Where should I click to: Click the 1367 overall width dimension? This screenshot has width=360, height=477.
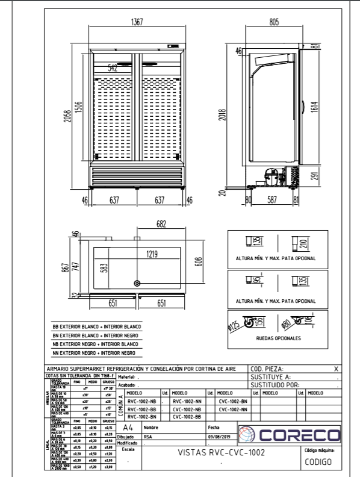(138, 23)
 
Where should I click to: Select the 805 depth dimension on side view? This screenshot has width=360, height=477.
(274, 23)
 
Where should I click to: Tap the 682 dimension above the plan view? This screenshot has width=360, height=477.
(161, 224)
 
